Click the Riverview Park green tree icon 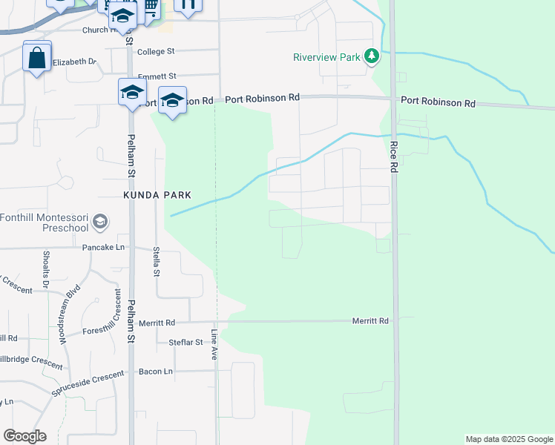click(x=372, y=56)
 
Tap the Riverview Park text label click(x=326, y=57)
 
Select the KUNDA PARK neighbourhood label click(x=157, y=195)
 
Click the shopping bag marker click(x=37, y=57)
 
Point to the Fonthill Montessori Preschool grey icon click(x=100, y=221)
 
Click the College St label click(x=156, y=52)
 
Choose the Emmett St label click(x=157, y=76)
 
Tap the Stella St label click(x=157, y=262)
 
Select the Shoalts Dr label click(x=46, y=268)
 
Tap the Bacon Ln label click(x=156, y=371)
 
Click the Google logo click(x=24, y=436)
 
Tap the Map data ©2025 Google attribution click(x=509, y=439)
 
